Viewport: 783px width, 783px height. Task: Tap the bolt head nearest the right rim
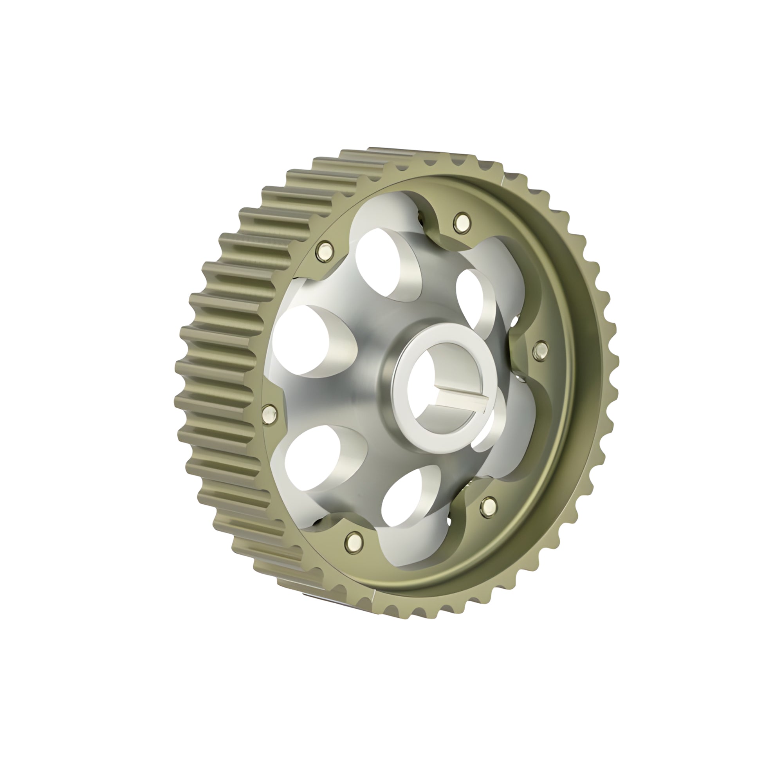point(540,349)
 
